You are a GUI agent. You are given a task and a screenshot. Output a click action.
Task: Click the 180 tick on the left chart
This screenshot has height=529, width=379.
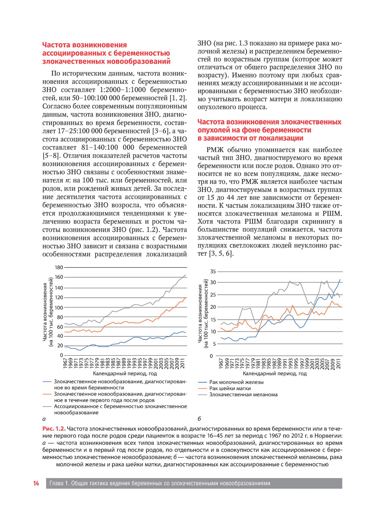(x=59, y=267)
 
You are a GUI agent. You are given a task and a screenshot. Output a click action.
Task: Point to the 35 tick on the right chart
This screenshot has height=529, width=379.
(x=213, y=272)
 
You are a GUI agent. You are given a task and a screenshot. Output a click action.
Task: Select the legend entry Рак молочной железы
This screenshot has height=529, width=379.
(x=236, y=382)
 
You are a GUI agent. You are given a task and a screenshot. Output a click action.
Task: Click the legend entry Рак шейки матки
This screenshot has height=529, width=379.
(x=230, y=388)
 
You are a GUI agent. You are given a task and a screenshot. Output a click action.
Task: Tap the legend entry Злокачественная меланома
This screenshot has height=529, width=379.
(x=243, y=395)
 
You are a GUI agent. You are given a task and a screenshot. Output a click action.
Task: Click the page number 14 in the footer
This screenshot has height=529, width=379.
(x=36, y=483)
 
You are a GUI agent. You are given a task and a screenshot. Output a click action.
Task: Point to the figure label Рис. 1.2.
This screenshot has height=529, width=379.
(x=54, y=429)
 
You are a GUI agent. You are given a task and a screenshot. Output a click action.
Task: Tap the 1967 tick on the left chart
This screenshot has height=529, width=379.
(x=66, y=363)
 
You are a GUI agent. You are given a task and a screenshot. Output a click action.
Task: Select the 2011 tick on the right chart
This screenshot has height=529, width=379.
(x=338, y=363)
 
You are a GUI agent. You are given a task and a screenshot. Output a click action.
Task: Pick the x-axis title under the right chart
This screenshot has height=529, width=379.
(x=274, y=374)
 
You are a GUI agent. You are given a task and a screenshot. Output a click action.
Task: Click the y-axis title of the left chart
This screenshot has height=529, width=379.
(x=47, y=312)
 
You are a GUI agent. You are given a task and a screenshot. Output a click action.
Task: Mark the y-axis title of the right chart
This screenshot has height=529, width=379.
(x=202, y=314)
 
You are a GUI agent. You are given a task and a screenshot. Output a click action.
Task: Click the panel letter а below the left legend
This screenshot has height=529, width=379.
(x=44, y=419)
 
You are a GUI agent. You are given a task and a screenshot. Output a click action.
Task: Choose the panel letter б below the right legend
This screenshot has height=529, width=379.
(x=199, y=419)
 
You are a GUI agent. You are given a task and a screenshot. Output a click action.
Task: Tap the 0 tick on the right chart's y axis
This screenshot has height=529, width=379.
(x=211, y=356)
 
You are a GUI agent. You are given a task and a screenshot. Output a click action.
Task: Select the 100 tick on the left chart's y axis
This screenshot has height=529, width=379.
(x=59, y=308)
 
